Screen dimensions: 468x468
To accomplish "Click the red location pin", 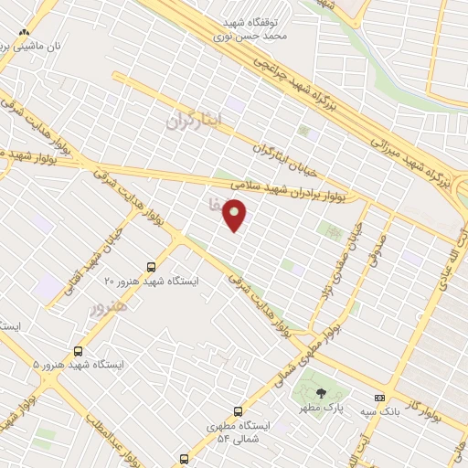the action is pyautogui.click(x=236, y=214).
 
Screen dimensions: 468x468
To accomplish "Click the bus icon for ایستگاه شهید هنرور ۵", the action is pyautogui.click(x=78, y=350).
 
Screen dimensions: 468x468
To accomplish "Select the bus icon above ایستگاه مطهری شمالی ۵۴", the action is pyautogui.click(x=239, y=411).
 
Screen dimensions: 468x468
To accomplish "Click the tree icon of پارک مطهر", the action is pyautogui.click(x=320, y=392).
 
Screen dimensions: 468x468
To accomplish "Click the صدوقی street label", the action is pyautogui.click(x=377, y=240).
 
